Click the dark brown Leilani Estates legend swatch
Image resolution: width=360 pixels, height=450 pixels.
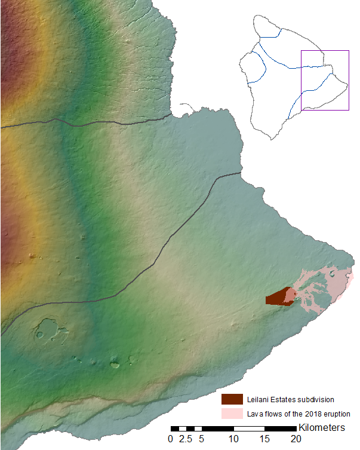click(x=231, y=399)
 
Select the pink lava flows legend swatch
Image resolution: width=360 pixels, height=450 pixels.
click(x=231, y=414)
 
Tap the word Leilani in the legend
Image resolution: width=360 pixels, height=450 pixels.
click(x=256, y=399)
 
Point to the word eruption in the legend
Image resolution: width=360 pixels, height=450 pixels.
click(x=334, y=414)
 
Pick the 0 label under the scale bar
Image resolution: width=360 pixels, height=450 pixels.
click(x=171, y=439)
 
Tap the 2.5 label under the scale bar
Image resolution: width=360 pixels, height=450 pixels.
click(x=186, y=439)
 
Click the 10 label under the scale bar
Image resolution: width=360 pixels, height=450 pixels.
click(x=233, y=439)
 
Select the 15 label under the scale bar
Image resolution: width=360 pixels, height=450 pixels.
click(x=264, y=439)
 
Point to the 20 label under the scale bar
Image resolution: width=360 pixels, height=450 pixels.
click(x=296, y=439)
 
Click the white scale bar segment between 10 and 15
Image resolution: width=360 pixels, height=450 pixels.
click(x=249, y=428)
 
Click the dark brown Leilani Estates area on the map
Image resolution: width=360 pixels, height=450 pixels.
click(x=275, y=298)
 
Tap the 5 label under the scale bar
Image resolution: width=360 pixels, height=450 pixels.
click(x=202, y=439)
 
